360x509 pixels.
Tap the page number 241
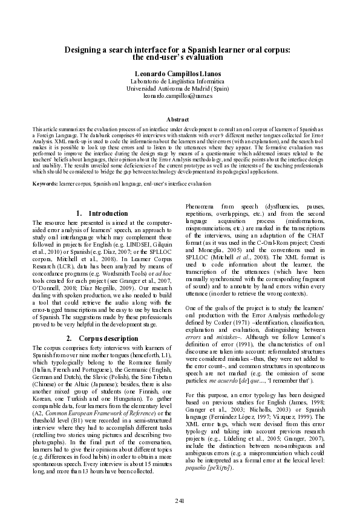180,501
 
